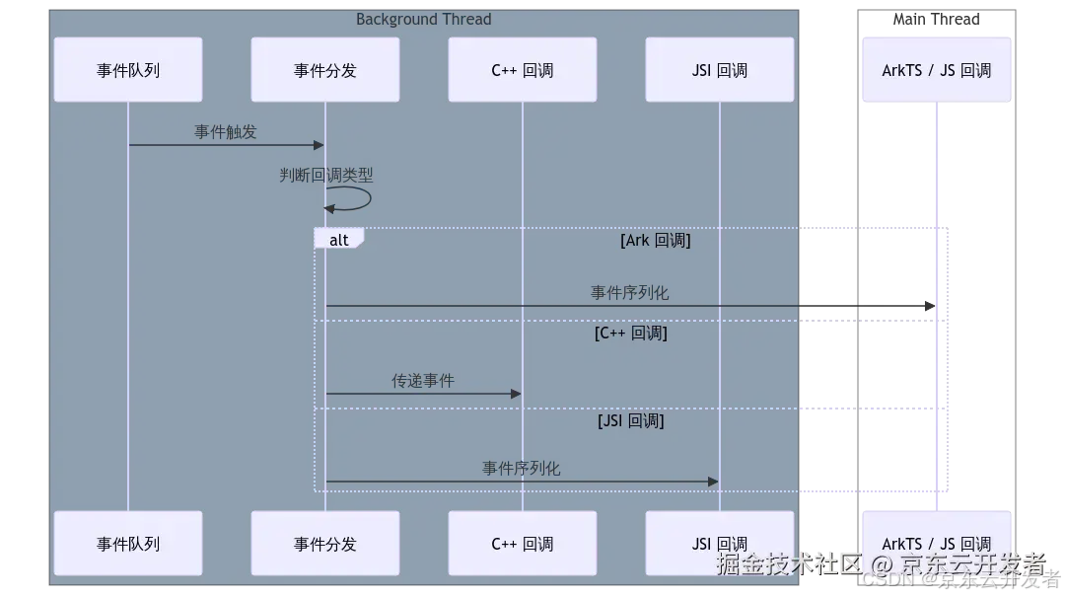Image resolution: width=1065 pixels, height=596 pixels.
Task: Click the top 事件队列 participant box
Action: point(128,70)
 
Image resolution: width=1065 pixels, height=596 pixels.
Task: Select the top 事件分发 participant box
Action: point(325,70)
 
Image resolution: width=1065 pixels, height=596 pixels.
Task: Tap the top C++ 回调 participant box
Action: point(523,70)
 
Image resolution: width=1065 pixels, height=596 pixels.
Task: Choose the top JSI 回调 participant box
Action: point(720,70)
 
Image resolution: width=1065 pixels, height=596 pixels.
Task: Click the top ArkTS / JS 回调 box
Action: point(936,70)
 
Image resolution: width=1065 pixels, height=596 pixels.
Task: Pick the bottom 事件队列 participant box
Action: point(128,543)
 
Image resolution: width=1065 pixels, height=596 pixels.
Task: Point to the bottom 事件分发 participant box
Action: point(325,543)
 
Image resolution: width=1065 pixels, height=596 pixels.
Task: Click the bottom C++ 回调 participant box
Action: point(523,543)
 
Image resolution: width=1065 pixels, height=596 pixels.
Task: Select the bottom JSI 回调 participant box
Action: point(720,543)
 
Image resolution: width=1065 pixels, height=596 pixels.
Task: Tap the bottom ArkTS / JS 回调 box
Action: point(936,543)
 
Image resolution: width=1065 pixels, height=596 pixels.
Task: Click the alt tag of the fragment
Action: point(338,240)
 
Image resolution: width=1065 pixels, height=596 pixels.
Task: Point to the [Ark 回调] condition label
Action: point(655,240)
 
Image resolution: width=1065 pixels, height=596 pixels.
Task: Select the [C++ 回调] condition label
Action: point(631,334)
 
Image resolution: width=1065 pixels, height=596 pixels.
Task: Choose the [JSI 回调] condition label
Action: point(631,421)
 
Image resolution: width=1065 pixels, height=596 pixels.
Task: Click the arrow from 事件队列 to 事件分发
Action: point(227,145)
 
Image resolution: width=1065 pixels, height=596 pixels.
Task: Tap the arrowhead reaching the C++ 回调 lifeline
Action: point(516,394)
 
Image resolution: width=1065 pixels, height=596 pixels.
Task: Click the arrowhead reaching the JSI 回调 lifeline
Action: point(713,482)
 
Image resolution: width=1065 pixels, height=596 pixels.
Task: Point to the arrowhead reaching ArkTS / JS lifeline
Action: point(929,308)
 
